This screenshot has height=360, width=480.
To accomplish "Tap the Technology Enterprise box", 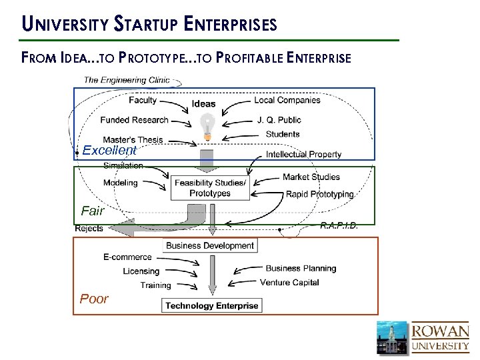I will tap(212, 306).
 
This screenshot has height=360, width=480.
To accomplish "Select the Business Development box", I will tap(210, 245).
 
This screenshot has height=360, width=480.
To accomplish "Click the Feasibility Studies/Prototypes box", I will tap(210, 188).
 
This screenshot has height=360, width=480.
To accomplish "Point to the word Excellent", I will tap(109, 151).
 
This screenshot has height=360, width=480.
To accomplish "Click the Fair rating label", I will tap(93, 211).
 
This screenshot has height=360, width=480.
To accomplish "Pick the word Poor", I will tap(94, 299).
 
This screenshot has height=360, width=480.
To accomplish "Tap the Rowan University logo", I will tap(423, 337).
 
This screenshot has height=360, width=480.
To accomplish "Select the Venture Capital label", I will tap(289, 283).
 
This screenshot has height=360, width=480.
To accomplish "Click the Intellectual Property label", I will tap(303, 155).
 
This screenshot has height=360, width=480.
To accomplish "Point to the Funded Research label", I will tap(134, 120).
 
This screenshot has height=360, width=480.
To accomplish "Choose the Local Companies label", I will tap(287, 100).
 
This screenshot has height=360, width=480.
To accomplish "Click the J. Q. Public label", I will tap(279, 120).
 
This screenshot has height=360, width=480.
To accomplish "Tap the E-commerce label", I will tap(127, 257).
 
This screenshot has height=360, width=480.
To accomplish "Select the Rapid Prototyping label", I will tap(319, 195).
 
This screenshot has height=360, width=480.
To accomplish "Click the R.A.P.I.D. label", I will tap(339, 225).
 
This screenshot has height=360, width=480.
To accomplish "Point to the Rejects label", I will tap(89, 229).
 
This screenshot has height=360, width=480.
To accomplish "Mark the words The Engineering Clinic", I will tap(127, 80).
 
